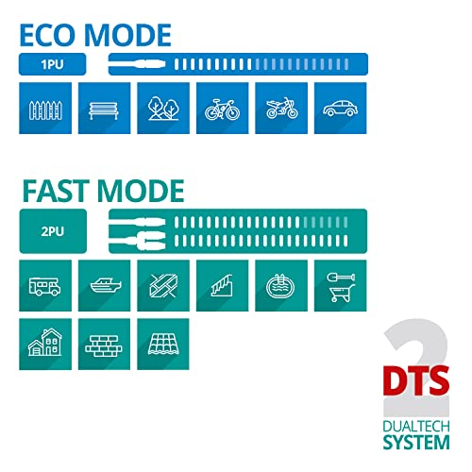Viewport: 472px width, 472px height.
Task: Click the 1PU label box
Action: [x=52, y=64]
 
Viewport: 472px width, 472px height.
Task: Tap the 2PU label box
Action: [x=53, y=231]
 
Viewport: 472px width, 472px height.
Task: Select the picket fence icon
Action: [x=45, y=109]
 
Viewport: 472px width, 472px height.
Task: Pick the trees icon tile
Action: [x=163, y=109]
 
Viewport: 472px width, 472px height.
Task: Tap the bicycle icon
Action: [x=223, y=109]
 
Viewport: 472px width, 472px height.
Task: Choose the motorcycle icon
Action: [x=281, y=109]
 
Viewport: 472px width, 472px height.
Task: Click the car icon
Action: [x=341, y=109]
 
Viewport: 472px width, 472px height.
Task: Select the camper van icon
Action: [x=45, y=286]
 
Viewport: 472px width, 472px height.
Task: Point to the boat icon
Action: [x=104, y=286]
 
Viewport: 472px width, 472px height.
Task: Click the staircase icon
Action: [x=223, y=286]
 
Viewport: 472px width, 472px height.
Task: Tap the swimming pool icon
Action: [x=281, y=286]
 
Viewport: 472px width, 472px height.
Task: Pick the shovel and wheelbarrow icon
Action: [x=341, y=286]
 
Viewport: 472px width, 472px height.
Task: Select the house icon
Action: [x=45, y=345]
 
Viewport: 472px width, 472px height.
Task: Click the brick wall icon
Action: [x=104, y=345]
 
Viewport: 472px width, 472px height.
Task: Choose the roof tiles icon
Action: [x=163, y=345]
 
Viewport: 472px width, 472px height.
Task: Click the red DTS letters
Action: [x=416, y=380]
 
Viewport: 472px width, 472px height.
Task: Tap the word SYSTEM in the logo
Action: [x=416, y=442]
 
